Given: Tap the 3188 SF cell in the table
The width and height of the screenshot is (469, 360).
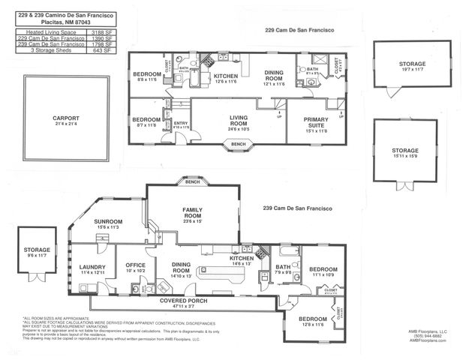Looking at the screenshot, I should (107, 34).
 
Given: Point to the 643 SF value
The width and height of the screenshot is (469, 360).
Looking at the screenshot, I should (107, 50).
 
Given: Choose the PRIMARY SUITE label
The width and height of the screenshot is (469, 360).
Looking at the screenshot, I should (316, 121).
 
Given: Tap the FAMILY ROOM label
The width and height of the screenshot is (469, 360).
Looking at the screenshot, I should (193, 214).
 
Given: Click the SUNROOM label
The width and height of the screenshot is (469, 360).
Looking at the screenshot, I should (108, 222).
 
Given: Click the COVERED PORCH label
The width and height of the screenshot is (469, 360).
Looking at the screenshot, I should (183, 300).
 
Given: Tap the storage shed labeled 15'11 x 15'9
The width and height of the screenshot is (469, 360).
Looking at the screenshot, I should (404, 151).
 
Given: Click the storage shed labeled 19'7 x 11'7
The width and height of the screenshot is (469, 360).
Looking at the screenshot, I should (411, 65).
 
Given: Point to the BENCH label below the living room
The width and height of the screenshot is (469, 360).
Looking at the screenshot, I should (239, 144).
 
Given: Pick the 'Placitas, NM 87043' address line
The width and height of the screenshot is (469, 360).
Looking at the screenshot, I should (67, 22).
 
